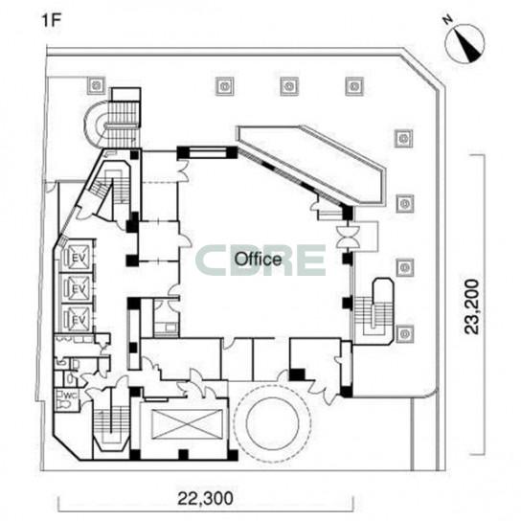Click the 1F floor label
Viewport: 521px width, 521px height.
click(51, 21)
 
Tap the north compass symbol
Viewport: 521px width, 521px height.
click(464, 43)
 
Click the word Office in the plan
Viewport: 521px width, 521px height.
click(258, 260)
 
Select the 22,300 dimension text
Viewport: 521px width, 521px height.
click(205, 498)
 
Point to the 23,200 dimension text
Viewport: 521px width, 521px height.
click(472, 306)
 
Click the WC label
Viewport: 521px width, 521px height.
click(71, 396)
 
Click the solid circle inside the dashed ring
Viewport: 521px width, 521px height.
click(272, 422)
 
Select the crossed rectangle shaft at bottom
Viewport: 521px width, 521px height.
click(187, 424)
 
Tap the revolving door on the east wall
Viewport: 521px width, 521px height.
click(348, 237)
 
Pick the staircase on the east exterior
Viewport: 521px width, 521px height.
click(374, 311)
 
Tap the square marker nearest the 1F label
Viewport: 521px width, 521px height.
click(97, 85)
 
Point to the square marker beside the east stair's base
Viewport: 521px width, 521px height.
click(405, 333)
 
